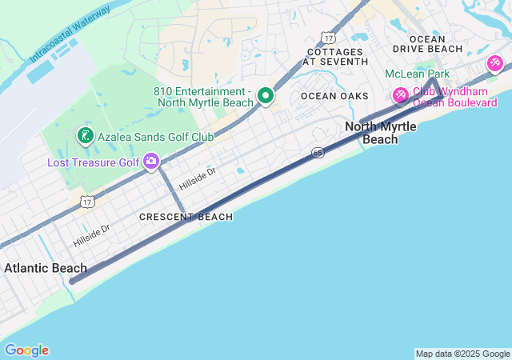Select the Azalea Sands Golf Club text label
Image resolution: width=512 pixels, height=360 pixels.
tap(156, 136)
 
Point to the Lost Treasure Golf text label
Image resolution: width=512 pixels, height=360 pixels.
tap(93, 162)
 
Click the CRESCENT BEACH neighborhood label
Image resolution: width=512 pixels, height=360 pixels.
tap(186, 217)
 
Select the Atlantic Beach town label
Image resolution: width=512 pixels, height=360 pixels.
tap(46, 268)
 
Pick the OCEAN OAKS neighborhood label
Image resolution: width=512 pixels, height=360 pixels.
tap(334, 96)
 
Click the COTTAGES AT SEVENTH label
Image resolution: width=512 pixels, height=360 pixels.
tap(336, 56)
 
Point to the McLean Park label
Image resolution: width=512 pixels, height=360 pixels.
tap(417, 74)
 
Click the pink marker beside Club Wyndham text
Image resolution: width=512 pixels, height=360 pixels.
tap(400, 96)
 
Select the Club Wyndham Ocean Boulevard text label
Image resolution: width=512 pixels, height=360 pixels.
tap(454, 97)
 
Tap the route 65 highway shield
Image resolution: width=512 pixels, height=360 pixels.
tap(318, 152)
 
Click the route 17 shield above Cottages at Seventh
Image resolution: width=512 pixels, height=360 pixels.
tap(328, 37)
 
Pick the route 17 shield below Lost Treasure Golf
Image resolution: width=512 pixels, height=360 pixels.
tap(87, 203)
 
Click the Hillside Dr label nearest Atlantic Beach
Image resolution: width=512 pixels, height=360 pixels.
tap(91, 234)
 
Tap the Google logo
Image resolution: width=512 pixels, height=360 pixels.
tap(26, 350)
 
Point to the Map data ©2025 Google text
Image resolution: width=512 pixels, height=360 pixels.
tap(462, 354)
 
